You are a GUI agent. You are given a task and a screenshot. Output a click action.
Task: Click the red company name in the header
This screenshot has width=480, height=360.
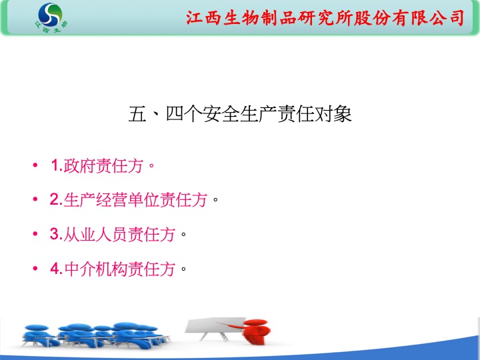(325, 17)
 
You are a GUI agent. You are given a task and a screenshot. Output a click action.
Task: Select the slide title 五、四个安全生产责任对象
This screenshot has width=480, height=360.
(240, 114)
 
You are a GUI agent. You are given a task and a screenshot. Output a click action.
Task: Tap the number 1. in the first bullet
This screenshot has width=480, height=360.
(57, 165)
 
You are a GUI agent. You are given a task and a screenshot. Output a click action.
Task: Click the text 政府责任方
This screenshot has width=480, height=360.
(103, 165)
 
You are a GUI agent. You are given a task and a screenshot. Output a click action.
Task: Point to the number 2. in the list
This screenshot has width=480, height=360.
(56, 199)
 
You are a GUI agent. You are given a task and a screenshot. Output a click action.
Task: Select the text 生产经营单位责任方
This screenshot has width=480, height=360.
(135, 199)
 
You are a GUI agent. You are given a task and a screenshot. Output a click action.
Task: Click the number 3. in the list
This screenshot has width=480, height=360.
(56, 234)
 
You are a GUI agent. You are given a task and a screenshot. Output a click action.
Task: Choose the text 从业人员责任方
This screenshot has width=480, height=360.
(119, 234)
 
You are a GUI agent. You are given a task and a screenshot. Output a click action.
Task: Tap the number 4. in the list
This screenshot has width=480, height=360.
(57, 269)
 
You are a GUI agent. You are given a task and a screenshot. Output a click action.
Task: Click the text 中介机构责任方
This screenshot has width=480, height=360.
(120, 269)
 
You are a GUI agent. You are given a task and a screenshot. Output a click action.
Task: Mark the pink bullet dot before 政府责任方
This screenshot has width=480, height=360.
(35, 165)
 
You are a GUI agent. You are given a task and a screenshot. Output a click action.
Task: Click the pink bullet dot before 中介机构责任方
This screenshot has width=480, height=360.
(35, 269)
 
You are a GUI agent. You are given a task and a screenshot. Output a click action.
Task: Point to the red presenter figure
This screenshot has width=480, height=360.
(254, 331)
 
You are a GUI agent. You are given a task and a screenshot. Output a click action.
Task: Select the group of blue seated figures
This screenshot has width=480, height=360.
(95, 335)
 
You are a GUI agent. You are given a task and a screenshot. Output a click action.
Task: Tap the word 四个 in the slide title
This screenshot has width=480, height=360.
(184, 114)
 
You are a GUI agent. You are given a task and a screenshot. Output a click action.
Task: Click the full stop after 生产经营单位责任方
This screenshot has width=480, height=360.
(215, 201)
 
